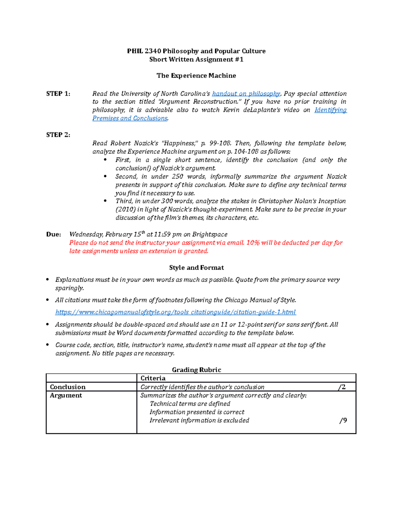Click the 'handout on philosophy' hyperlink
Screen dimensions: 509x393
(x=246, y=94)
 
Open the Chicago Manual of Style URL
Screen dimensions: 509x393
(x=176, y=312)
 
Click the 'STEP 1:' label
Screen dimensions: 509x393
(x=58, y=94)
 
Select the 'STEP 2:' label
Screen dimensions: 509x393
(x=58, y=135)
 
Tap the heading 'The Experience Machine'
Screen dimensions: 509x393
(x=196, y=76)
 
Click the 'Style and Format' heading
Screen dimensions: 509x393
(x=196, y=267)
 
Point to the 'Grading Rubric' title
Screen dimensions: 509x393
(x=196, y=370)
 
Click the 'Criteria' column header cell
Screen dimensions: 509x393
(x=153, y=378)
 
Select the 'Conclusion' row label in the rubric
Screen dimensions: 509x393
(x=67, y=387)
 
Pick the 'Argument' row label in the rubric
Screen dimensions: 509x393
(x=66, y=395)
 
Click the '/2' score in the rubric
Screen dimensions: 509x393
(x=342, y=387)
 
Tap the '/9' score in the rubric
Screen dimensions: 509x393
(x=343, y=421)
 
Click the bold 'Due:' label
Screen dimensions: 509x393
(x=53, y=234)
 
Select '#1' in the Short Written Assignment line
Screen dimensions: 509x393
(x=239, y=59)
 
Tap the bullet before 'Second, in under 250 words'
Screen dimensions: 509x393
(x=105, y=176)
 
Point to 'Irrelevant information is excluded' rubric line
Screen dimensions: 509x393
(x=199, y=421)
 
